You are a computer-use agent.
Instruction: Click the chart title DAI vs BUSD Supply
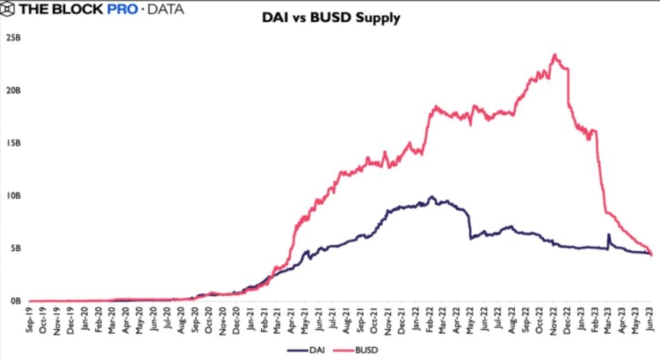click(x=331, y=18)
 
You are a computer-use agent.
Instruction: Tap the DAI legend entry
click(x=306, y=350)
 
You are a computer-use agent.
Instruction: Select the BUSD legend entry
click(x=355, y=350)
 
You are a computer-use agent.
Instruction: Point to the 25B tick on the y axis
click(x=13, y=38)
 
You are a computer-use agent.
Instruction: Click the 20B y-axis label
click(x=13, y=91)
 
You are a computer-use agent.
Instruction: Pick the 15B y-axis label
click(x=13, y=144)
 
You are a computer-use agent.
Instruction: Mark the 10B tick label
click(x=13, y=196)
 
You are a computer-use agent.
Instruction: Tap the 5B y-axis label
click(x=15, y=249)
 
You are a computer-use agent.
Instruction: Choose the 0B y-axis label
click(x=15, y=301)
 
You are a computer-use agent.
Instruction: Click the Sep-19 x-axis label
click(x=29, y=319)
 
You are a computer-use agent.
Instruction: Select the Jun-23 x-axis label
click(x=650, y=319)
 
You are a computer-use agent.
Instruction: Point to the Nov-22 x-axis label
click(x=553, y=320)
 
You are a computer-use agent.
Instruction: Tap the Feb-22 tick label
click(x=429, y=320)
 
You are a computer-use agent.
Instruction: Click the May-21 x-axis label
click(x=305, y=320)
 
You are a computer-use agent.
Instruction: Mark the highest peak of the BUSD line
click(x=555, y=54)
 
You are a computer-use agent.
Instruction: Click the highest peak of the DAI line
click(x=431, y=197)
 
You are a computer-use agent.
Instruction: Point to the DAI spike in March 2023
click(x=609, y=235)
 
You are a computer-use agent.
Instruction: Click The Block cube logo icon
click(x=7, y=9)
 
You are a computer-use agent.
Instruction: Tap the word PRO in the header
click(x=122, y=9)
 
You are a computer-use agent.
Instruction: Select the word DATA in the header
click(x=166, y=9)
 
